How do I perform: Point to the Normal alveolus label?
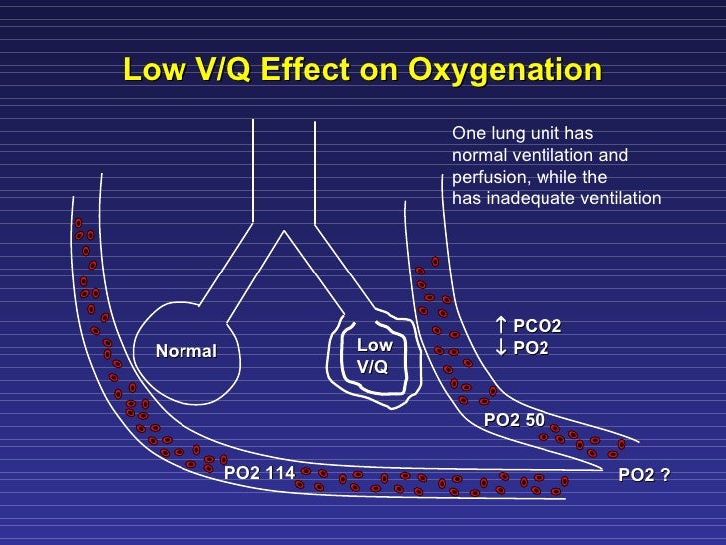pos(185,351)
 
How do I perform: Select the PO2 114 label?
pos(259,473)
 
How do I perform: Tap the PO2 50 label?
pos(514,420)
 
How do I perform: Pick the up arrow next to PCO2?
pos(501,326)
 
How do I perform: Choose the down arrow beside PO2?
pos(501,347)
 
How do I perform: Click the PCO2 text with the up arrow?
pos(538,327)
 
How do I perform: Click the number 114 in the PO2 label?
pos(278,473)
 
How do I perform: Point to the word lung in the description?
pos(507,133)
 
